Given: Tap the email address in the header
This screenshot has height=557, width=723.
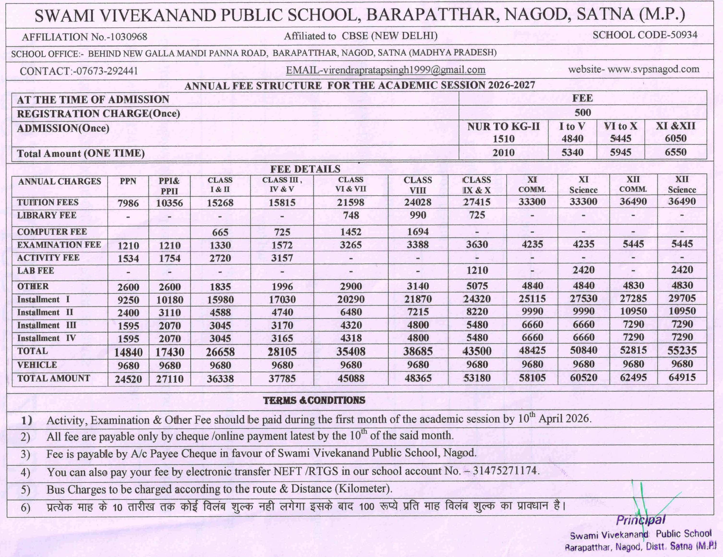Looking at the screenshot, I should pos(386,70).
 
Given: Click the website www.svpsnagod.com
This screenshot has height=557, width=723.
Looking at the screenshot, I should pos(653,69).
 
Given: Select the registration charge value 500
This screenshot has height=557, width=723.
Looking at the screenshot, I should pos(583,113).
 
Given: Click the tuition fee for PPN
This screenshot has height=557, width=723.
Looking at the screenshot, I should pos(128,203).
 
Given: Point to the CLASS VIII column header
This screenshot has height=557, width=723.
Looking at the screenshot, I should pos(417,185).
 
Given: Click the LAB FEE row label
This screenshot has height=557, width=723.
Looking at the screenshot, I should pos(36,271).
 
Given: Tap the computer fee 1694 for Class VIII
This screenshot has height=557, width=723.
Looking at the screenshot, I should pos(418,232).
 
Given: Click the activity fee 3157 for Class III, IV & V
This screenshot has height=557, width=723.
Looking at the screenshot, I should pos(282,258).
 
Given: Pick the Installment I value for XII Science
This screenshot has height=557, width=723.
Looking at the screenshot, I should pos(682,298).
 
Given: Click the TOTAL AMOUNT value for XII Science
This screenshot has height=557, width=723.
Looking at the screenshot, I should pos(682,378).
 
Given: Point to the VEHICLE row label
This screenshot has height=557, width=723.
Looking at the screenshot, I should pos(37,365).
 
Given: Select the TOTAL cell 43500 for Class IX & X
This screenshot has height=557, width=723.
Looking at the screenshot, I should pos(477,351).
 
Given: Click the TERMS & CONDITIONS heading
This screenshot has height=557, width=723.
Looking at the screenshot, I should pos(314,400).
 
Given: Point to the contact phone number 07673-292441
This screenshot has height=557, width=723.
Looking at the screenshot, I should pos(107,71).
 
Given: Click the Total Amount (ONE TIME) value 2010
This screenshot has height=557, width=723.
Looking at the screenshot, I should pos(503,153).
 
